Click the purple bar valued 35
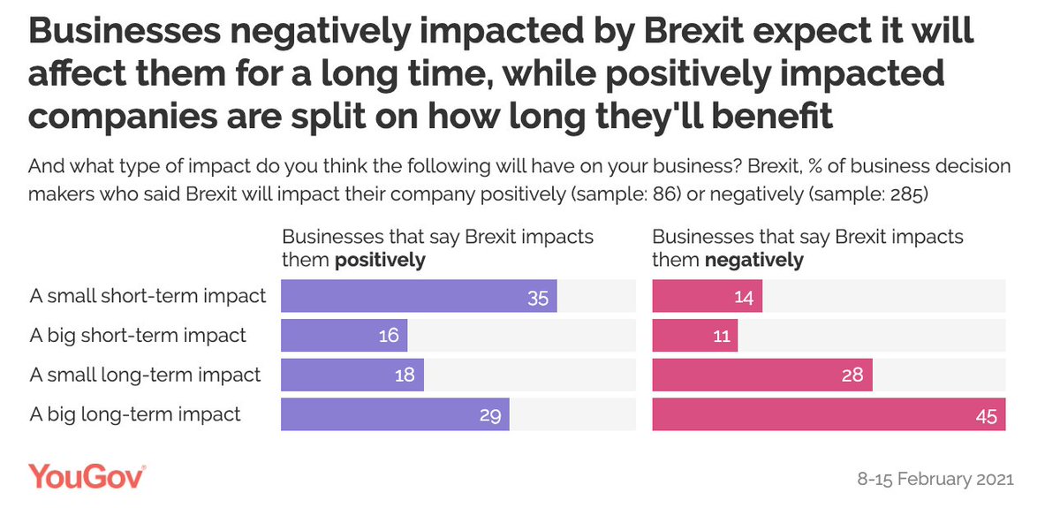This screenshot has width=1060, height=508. (x=419, y=296)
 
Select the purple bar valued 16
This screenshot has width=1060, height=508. (x=344, y=336)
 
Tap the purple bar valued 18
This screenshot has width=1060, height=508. (x=352, y=375)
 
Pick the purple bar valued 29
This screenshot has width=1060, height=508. (x=395, y=414)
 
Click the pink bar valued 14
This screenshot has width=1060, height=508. (x=707, y=296)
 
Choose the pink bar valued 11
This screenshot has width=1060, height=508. (x=694, y=336)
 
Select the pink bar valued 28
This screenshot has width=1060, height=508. (x=762, y=375)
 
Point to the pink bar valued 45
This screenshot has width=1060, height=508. (x=829, y=414)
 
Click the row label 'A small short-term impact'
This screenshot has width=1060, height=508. (x=148, y=296)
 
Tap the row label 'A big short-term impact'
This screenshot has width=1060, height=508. (x=138, y=336)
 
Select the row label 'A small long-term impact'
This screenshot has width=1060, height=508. (x=145, y=375)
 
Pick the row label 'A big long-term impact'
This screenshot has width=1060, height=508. (x=135, y=414)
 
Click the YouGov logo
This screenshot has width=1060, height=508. (x=87, y=478)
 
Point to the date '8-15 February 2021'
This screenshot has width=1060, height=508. (x=935, y=480)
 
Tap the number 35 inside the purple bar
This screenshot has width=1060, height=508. (x=538, y=296)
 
